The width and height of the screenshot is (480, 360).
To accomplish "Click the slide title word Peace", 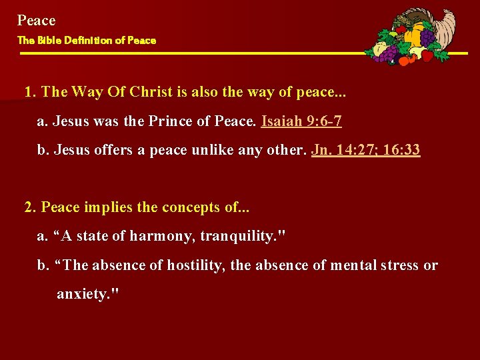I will click(x=37, y=21).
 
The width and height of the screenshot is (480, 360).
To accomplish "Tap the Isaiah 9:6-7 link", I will click(x=302, y=121).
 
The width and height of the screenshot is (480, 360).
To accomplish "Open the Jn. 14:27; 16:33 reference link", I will click(x=365, y=149).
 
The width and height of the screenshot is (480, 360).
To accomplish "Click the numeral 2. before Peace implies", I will click(x=30, y=207).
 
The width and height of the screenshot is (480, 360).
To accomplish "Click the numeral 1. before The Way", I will click(x=30, y=92).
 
